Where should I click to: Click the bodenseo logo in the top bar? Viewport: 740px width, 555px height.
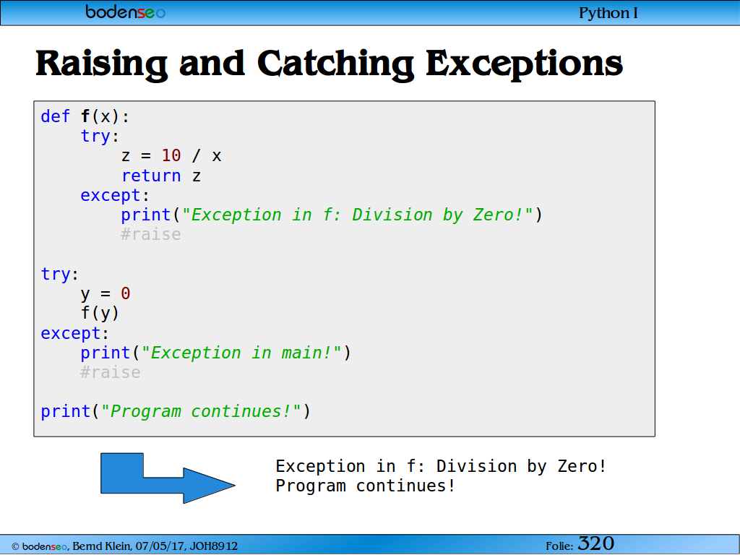[125, 12]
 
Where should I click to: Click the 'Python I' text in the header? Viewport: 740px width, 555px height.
[608, 13]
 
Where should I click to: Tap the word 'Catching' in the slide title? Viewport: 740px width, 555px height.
[335, 64]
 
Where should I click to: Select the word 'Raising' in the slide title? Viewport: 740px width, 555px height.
[101, 64]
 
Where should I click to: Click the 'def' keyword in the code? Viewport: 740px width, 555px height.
[55, 116]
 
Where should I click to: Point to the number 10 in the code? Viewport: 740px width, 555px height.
[171, 155]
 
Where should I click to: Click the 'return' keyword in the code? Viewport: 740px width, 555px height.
[151, 176]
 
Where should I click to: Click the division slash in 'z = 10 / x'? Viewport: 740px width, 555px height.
[196, 155]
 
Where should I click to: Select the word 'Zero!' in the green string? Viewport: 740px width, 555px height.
[499, 215]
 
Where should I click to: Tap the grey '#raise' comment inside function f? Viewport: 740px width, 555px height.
[150, 234]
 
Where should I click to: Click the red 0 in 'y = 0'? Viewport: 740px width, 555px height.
[126, 293]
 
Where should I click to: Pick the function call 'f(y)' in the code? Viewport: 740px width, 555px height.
[100, 313]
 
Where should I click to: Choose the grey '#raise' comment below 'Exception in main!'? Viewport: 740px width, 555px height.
[111, 372]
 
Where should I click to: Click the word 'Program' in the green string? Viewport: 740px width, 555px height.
[145, 411]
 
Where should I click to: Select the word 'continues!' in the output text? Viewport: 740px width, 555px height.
[405, 486]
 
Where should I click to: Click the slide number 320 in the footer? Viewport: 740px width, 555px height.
[596, 543]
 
